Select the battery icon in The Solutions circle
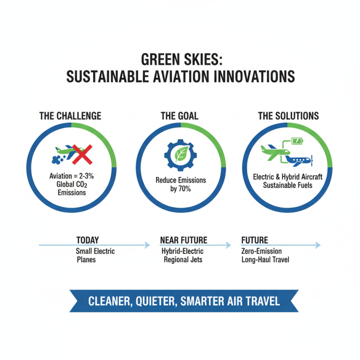pos(297,141)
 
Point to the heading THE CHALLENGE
pos(70,116)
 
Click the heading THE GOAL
pos(180,116)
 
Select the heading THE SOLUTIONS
pos(288,116)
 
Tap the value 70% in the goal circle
pos(184,189)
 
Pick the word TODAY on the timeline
pos(87,240)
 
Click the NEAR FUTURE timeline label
pos(184,240)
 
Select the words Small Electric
pos(95,251)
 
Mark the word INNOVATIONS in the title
pos(252,76)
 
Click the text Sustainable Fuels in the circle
pos(288,184)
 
